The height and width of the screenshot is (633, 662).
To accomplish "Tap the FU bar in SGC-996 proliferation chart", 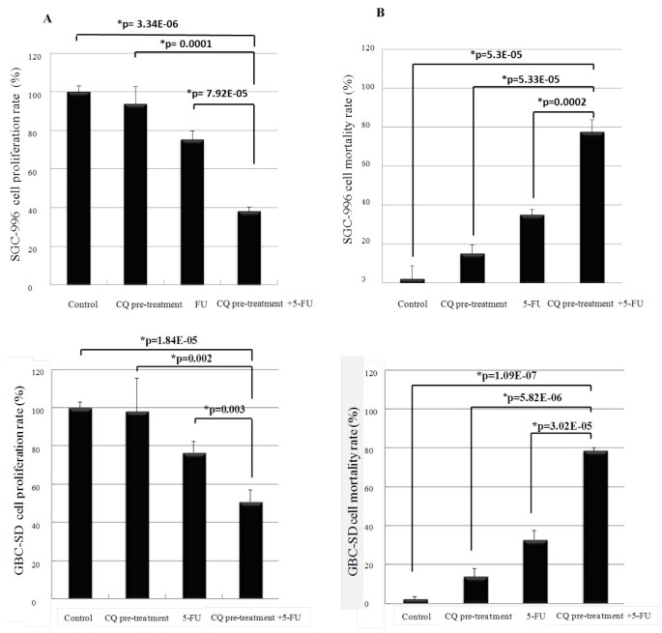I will point(192,213).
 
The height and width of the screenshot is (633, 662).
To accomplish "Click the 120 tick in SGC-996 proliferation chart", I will point(36,56).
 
